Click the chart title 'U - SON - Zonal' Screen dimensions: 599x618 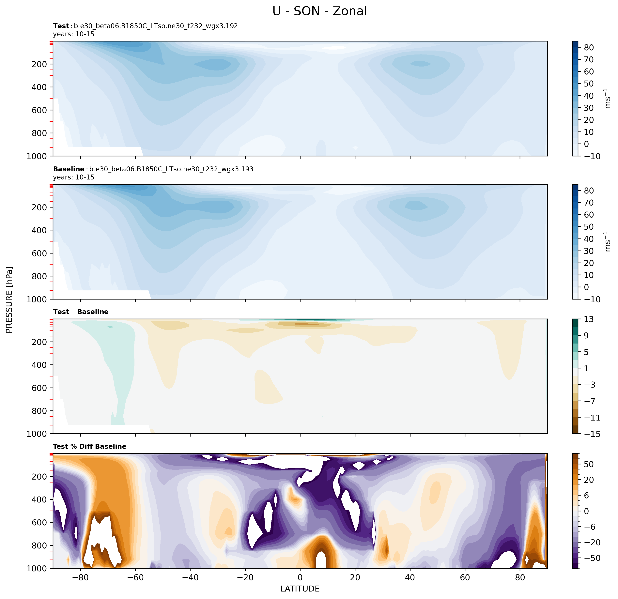(319, 11)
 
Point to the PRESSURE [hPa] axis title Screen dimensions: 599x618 (9, 300)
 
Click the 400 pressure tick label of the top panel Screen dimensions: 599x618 (39, 87)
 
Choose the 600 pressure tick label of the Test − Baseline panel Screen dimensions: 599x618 (39, 388)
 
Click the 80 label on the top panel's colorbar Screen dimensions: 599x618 (589, 48)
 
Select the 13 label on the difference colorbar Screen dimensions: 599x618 (588, 319)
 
